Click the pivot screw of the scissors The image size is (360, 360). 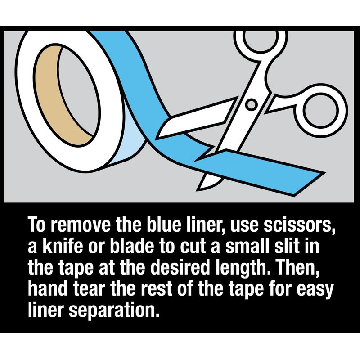pyautogui.click(x=251, y=105)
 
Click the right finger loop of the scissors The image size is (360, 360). pyautogui.click(x=321, y=110)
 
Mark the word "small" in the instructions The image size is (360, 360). pyautogui.click(x=247, y=246)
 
